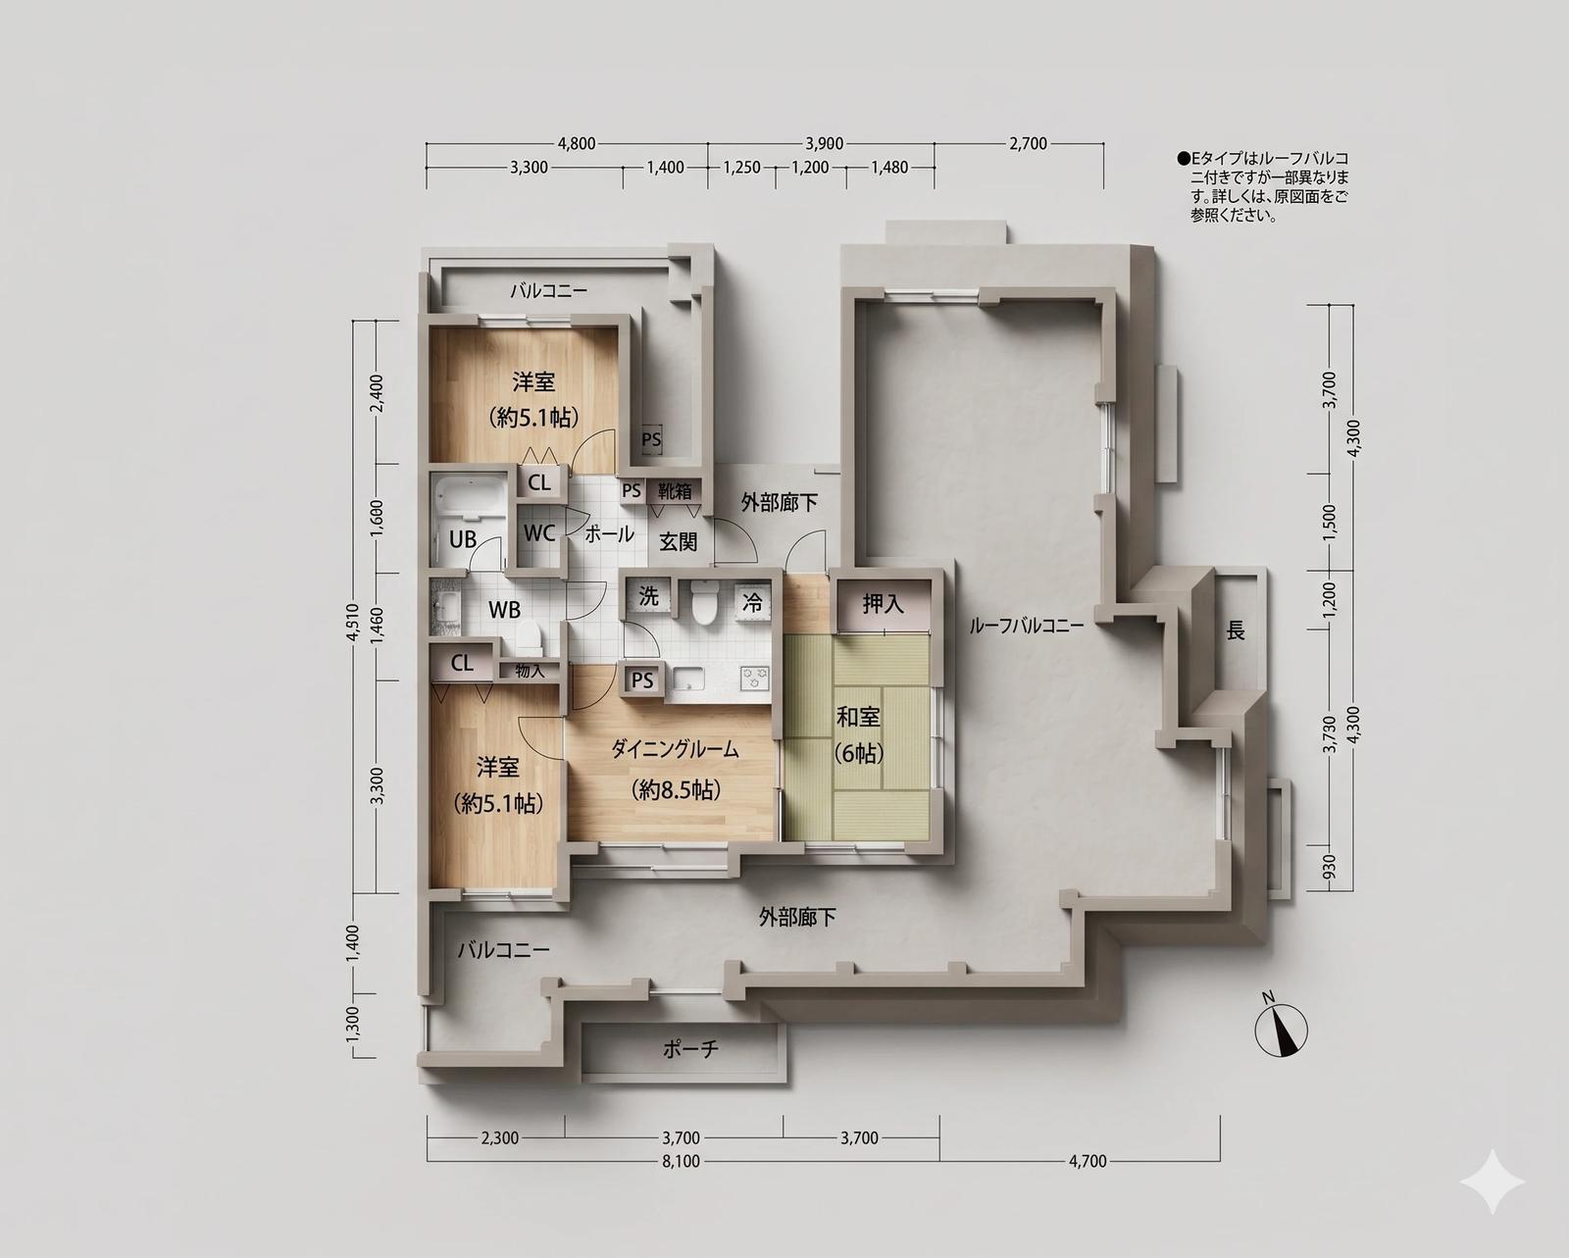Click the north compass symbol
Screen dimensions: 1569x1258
(x=1281, y=1029)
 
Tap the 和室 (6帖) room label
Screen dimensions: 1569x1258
(x=858, y=734)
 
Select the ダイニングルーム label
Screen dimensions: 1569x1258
(x=675, y=749)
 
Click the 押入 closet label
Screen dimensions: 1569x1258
(x=883, y=604)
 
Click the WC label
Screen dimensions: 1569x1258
(x=539, y=533)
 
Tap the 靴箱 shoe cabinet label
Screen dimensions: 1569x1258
(x=675, y=491)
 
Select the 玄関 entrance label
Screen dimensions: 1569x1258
(x=678, y=542)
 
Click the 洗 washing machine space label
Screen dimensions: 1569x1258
(x=648, y=596)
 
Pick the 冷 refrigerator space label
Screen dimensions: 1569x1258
(x=752, y=602)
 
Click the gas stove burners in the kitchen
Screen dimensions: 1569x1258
(x=755, y=678)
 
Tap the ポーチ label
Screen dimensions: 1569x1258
(x=690, y=1049)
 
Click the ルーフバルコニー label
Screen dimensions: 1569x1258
(x=1027, y=626)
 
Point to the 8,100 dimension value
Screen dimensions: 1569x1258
(x=681, y=1161)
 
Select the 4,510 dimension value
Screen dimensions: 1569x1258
(x=354, y=622)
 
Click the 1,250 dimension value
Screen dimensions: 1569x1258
(x=741, y=168)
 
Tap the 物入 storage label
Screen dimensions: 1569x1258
(x=530, y=671)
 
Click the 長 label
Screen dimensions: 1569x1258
(x=1235, y=630)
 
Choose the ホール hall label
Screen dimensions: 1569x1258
(x=609, y=534)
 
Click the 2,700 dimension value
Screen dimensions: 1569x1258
(x=1028, y=144)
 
